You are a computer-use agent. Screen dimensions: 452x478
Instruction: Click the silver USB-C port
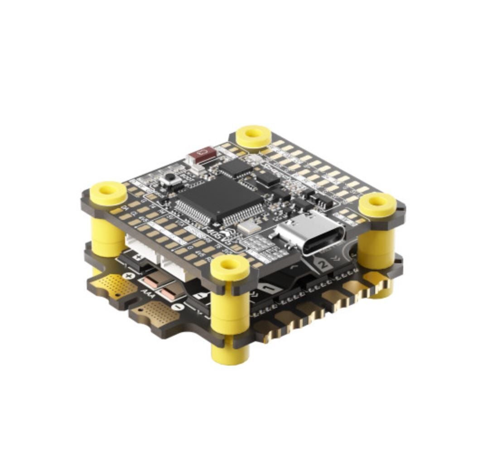coord(309,233)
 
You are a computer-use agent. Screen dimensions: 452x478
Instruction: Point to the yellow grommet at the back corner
coord(254,135)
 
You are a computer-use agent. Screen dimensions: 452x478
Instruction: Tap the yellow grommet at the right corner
coord(377,204)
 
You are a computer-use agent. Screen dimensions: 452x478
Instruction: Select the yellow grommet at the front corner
coord(230,267)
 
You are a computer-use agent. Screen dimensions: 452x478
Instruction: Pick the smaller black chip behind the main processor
coord(236,168)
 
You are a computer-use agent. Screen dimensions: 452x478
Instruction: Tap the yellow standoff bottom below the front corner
coord(230,353)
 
